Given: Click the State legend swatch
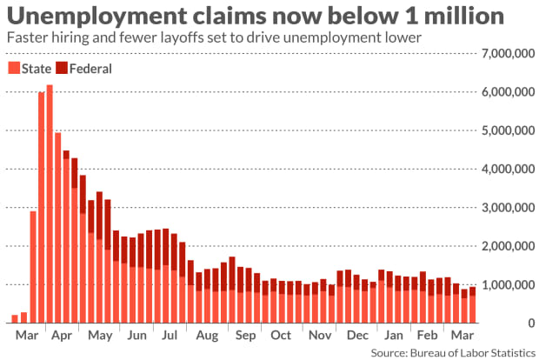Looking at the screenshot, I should tap(13, 68).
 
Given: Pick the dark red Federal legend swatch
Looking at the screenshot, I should tap(61, 68).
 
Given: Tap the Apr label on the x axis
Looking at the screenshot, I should tap(62, 335).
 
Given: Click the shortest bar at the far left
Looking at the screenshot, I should tap(15, 318).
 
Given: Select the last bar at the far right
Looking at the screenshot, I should tap(472, 305).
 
